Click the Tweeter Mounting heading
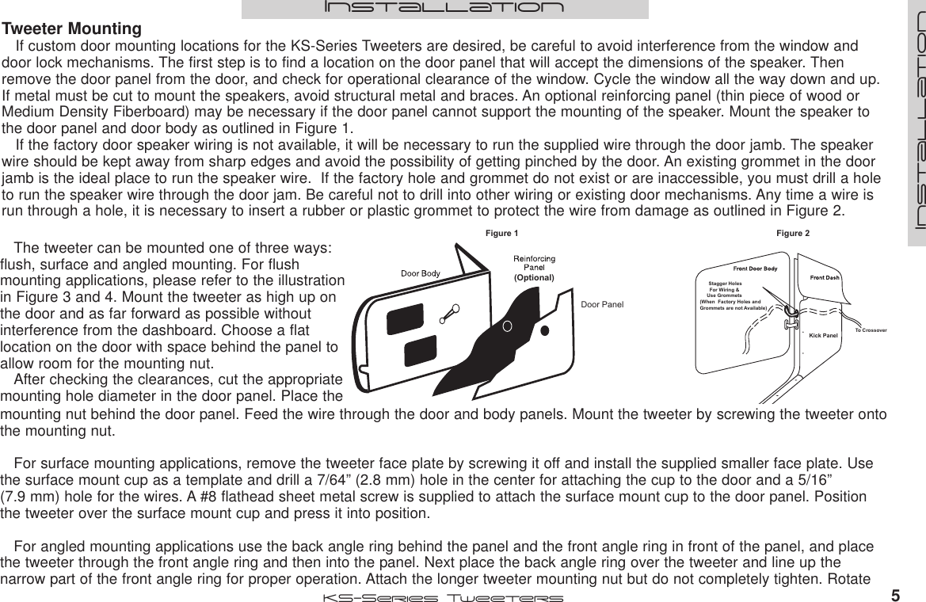click(x=72, y=29)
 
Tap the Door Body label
click(x=420, y=273)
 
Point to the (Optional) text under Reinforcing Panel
click(x=533, y=278)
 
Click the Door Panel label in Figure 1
click(x=602, y=304)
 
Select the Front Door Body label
click(x=754, y=269)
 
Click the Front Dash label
click(x=824, y=277)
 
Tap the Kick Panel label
click(x=823, y=336)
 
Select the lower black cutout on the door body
click(x=420, y=352)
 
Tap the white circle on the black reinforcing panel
click(x=506, y=324)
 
